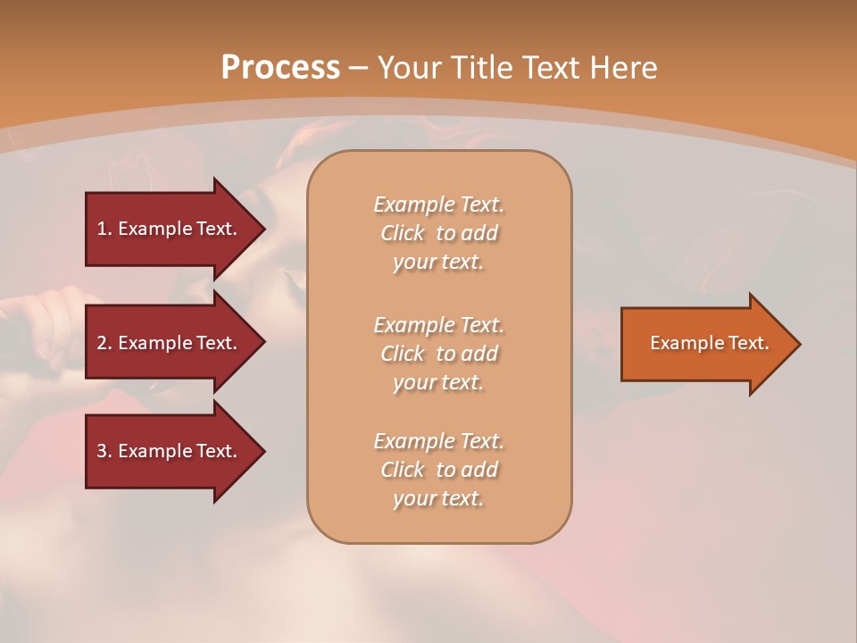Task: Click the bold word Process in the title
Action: pyautogui.click(x=280, y=68)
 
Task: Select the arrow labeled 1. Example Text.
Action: pyautogui.click(x=170, y=229)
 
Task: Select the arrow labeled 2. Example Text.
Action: pyautogui.click(x=170, y=343)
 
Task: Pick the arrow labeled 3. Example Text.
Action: pyautogui.click(x=170, y=451)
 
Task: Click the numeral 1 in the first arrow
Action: pyautogui.click(x=102, y=229)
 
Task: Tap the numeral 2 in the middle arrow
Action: pyautogui.click(x=102, y=343)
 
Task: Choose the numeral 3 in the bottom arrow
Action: pyautogui.click(x=102, y=451)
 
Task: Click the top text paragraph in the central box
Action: pyautogui.click(x=438, y=233)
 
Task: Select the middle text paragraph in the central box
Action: pyautogui.click(x=438, y=354)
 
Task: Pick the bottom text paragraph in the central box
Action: pyautogui.click(x=438, y=470)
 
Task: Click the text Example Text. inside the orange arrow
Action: pyautogui.click(x=710, y=343)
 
